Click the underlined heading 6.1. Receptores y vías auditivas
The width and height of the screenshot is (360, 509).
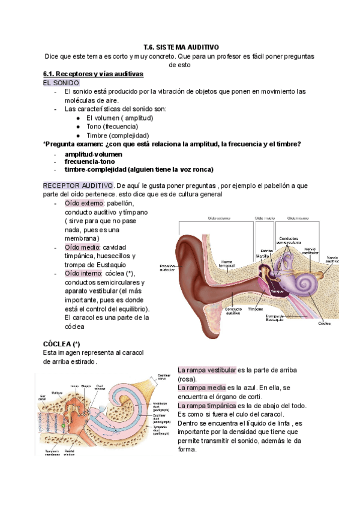[93, 74]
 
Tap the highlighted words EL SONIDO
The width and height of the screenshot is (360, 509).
[61, 82]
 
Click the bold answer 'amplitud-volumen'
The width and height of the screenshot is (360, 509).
[93, 154]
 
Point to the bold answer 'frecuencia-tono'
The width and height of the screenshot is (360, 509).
[89, 162]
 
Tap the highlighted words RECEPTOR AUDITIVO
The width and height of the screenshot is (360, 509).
[77, 185]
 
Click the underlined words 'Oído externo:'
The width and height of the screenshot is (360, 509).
[84, 203]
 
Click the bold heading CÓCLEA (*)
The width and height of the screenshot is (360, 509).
[62, 343]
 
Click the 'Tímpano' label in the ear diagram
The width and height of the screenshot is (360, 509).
[256, 310]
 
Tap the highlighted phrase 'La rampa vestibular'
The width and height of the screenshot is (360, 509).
[208, 370]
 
